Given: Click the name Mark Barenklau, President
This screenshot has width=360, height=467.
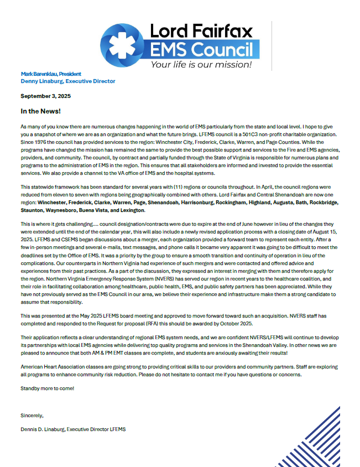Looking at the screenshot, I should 51,74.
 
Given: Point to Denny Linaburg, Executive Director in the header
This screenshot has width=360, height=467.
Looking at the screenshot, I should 68,81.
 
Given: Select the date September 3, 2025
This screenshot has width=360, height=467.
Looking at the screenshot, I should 46,96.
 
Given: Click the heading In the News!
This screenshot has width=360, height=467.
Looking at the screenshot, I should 40,111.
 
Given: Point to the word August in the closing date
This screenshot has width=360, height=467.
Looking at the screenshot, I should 317,233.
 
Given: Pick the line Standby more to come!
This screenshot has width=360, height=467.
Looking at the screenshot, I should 47,388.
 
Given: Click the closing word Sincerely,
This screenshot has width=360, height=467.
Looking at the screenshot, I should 32,415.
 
